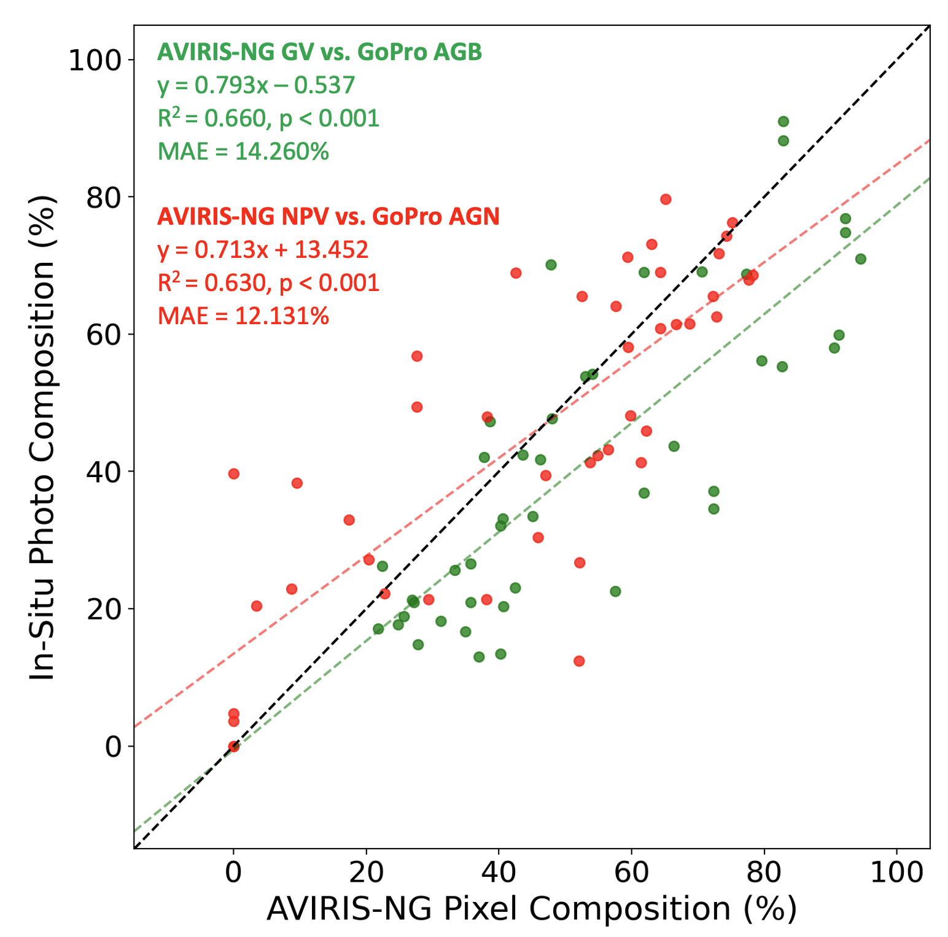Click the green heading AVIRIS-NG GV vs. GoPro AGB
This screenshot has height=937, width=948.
click(x=319, y=53)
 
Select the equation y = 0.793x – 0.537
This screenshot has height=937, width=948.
click(x=256, y=85)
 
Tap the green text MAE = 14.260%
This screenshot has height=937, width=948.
click(x=243, y=151)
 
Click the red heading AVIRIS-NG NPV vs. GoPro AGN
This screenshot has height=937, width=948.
click(x=328, y=216)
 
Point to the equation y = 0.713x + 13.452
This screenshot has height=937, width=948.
click(x=263, y=250)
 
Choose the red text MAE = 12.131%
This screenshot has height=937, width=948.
click(x=243, y=316)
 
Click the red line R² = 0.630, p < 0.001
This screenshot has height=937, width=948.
click(x=268, y=282)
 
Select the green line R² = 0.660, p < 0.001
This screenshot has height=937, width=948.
click(x=268, y=118)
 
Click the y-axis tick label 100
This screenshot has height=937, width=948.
click(x=93, y=60)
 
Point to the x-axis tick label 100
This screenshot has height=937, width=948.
click(x=896, y=873)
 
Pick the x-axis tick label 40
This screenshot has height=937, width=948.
click(x=499, y=873)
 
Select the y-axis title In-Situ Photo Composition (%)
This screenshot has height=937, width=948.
click(x=43, y=437)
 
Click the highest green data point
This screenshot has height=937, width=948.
click(x=783, y=122)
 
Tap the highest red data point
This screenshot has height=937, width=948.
click(x=666, y=199)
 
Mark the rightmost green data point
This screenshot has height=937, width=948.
click(x=861, y=259)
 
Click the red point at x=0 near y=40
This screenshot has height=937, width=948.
click(x=233, y=473)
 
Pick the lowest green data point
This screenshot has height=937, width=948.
click(x=479, y=657)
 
